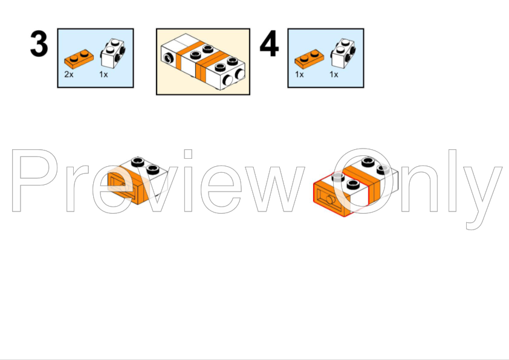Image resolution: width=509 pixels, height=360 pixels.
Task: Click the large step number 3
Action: tap(39, 43)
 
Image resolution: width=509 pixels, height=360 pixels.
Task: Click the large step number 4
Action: tap(269, 43)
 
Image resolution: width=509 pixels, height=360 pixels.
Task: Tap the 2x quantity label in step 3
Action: tap(69, 74)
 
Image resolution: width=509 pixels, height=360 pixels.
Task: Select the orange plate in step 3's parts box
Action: tap(79, 59)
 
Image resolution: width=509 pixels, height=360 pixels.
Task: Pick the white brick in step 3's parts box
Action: tap(113, 54)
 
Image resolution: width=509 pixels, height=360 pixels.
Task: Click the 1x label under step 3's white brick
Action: tap(103, 74)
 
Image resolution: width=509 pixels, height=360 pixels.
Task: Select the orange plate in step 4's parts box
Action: tap(309, 59)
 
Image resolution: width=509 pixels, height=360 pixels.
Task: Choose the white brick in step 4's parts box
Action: tap(343, 54)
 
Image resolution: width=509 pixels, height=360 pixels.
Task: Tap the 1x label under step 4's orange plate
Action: tap(299, 74)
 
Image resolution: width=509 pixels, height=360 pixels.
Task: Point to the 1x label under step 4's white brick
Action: tap(334, 74)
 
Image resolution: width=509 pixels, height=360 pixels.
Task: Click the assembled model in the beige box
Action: tap(203, 62)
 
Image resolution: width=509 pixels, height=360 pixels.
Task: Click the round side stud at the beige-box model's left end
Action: tap(168, 58)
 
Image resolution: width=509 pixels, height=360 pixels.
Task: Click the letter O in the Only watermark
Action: tap(363, 181)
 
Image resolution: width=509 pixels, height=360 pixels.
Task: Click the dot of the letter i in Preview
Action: tap(188, 154)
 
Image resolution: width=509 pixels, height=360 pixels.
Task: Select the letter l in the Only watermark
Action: tap(453, 181)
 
